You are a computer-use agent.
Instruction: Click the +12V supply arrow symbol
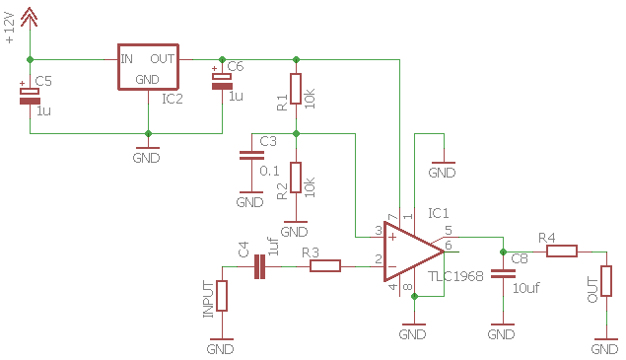[30, 17]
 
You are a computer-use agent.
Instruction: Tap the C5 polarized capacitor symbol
[30, 96]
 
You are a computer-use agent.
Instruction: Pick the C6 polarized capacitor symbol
[222, 81]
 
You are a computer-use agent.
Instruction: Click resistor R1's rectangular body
[296, 89]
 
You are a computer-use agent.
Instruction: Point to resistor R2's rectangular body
[296, 178]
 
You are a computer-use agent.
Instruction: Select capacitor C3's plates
[251, 156]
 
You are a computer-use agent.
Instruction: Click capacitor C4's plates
[259, 266]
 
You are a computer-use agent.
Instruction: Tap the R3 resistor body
[325, 266]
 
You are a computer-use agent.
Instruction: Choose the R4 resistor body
[562, 252]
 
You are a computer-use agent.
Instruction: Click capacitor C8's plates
[503, 273]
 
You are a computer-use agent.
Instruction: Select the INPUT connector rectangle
[222, 296]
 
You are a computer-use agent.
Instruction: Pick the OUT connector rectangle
[606, 281]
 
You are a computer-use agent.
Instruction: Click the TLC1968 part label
[455, 276]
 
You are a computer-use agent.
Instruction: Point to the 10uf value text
[526, 288]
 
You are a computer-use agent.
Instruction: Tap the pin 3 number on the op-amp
[379, 231]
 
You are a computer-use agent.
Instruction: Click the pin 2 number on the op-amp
[379, 259]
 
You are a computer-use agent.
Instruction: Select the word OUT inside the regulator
[162, 59]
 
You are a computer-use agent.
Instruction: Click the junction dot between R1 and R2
[296, 133]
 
